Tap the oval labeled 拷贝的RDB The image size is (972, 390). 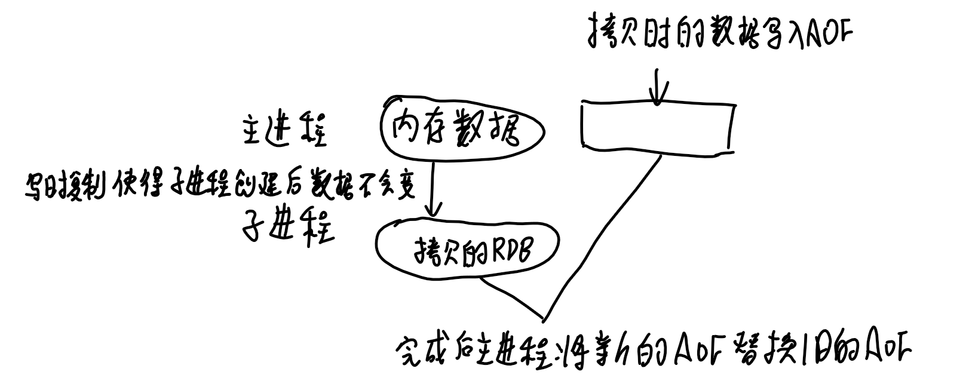click(x=467, y=251)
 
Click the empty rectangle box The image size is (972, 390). click(x=656, y=125)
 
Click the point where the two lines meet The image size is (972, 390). click(x=544, y=318)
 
